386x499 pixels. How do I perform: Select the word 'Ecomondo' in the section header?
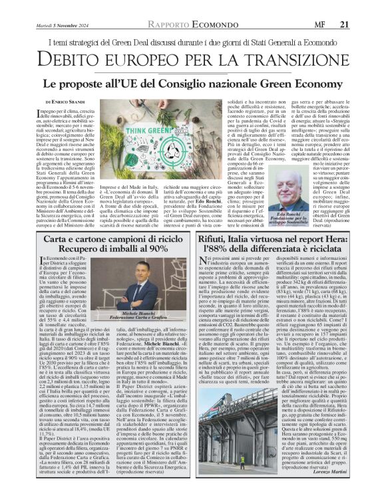click(x=210, y=25)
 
